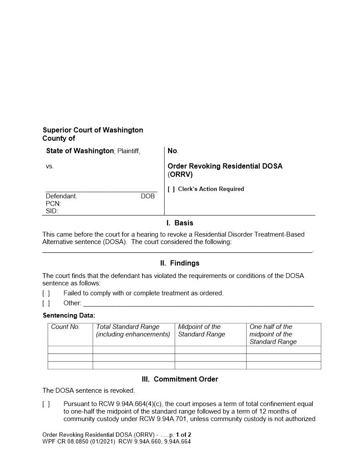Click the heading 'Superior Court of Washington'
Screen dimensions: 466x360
pos(93,130)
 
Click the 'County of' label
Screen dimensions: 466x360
pos(59,139)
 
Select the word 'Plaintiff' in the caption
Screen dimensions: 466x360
pos(128,151)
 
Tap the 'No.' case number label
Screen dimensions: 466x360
pos(173,151)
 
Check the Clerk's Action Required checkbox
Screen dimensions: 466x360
pos(171,189)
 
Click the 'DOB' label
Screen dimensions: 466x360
pos(148,196)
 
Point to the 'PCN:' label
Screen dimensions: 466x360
pos(53,204)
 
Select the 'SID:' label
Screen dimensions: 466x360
pos(52,211)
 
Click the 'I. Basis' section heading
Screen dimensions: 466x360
pos(180,223)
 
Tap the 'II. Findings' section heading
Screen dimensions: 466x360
pos(180,263)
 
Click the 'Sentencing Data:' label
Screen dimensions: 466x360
pos(69,316)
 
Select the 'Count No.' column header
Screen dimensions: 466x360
pos(65,327)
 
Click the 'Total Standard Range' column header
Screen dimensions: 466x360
pos(128,327)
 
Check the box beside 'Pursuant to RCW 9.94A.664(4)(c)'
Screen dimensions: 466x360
pos(46,404)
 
